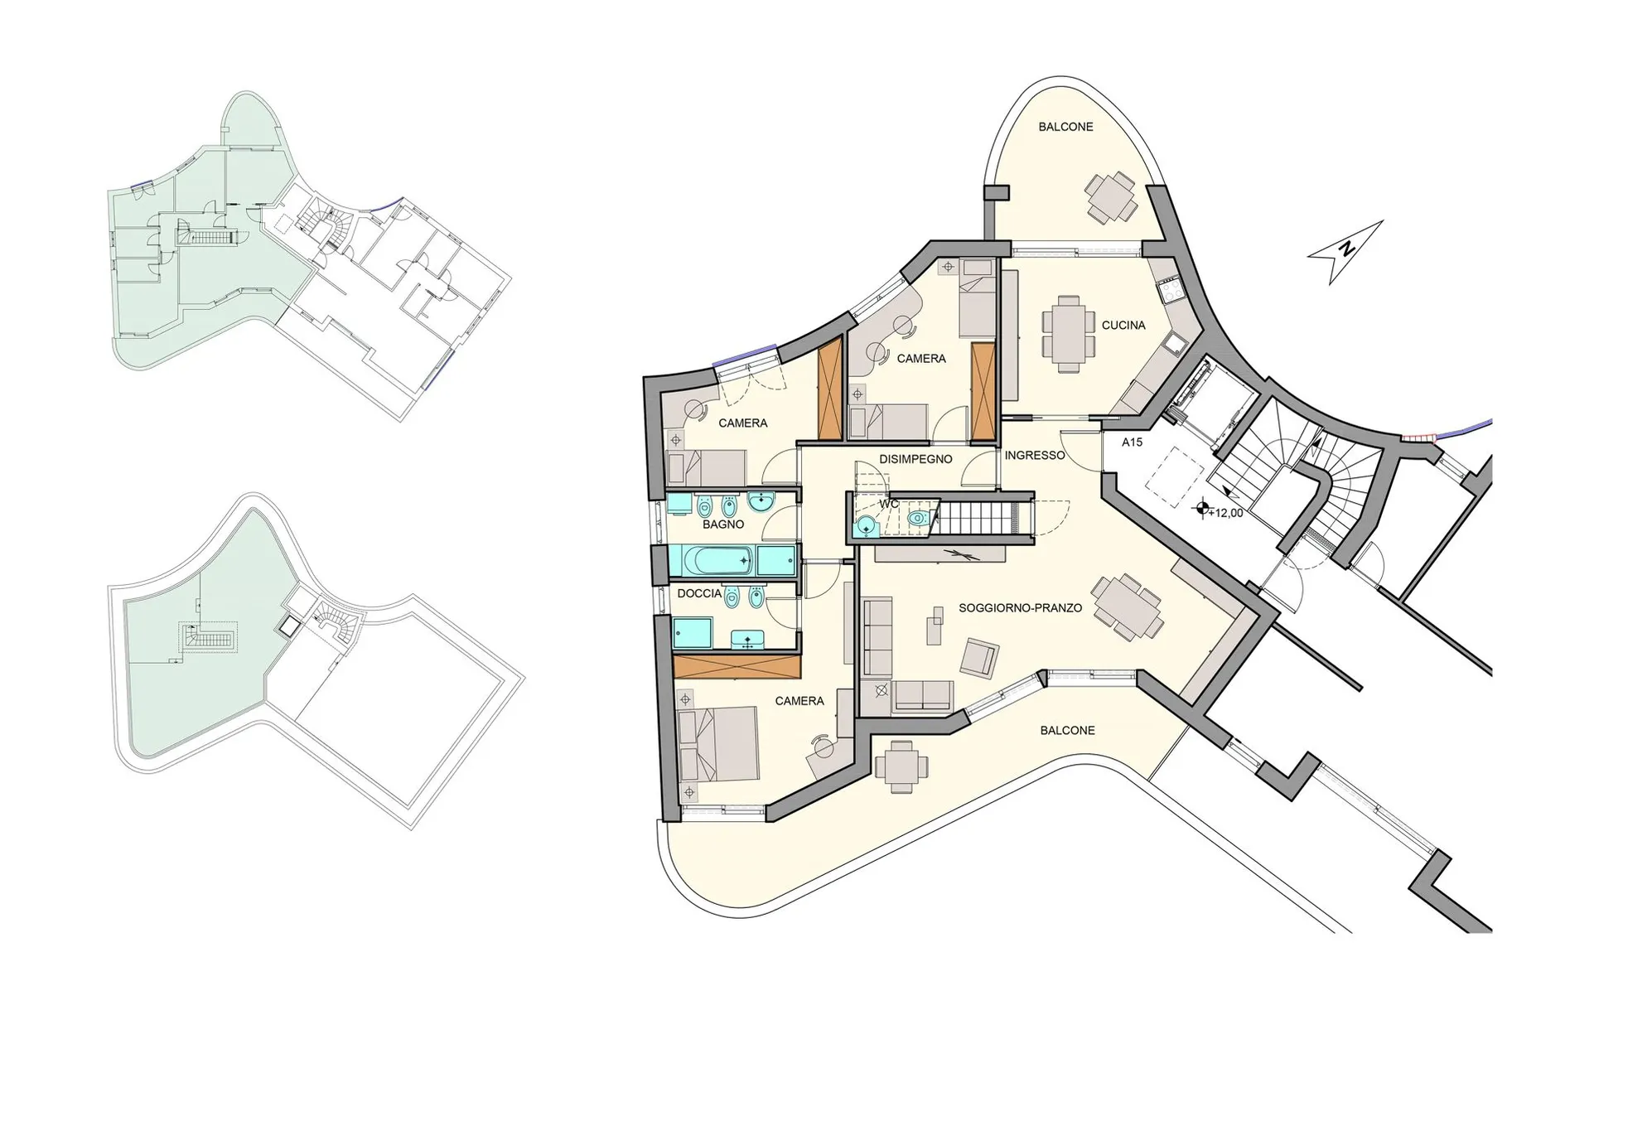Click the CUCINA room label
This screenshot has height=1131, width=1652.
(x=1123, y=326)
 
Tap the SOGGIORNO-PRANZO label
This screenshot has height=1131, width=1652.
(x=1020, y=608)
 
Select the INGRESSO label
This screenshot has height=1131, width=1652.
(x=1034, y=456)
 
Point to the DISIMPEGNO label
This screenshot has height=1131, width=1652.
(x=915, y=459)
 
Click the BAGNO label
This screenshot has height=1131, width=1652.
(x=723, y=524)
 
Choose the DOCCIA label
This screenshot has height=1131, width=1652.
(x=699, y=594)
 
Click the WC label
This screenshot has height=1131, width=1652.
(x=889, y=504)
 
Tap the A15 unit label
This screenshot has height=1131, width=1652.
(x=1132, y=442)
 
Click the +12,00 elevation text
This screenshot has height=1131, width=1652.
(x=1225, y=514)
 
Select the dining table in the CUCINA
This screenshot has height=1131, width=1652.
(x=1068, y=333)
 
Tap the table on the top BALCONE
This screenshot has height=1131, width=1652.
(x=1111, y=197)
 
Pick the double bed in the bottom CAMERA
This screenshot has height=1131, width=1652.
(x=717, y=743)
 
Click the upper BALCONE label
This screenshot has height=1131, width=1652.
(x=1065, y=128)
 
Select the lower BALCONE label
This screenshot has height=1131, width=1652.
(x=1067, y=731)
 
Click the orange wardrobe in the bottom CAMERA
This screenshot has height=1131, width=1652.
(x=737, y=667)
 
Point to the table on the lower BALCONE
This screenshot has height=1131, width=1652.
(x=901, y=766)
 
